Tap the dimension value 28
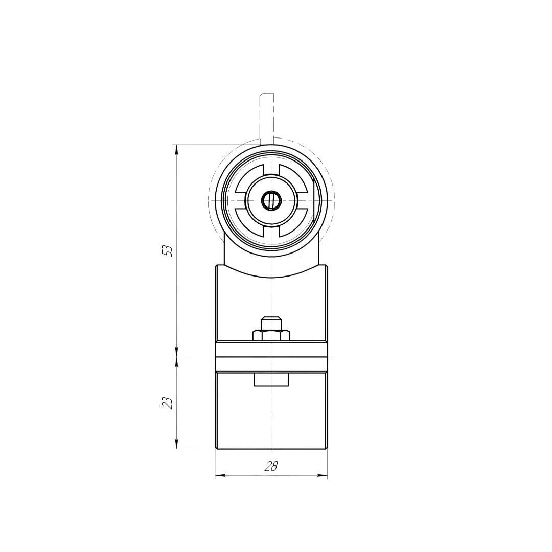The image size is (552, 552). coord(271,467)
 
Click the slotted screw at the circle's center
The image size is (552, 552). coord(271,201)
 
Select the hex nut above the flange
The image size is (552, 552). coord(271,335)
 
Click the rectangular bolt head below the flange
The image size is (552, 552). coord(271,380)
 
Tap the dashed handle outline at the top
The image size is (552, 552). coord(266,116)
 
